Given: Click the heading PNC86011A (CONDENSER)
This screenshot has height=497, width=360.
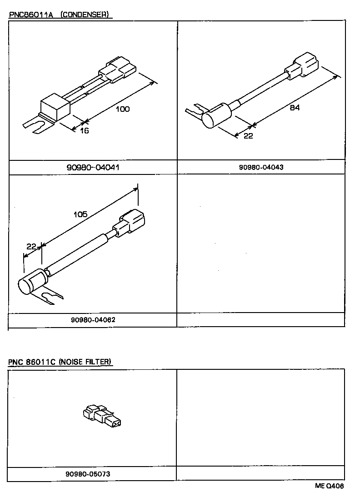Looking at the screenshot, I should [x=59, y=15].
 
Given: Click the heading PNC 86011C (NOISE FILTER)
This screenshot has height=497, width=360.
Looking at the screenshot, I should [x=60, y=362].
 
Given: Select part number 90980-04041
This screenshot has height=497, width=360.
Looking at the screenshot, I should [x=93, y=167].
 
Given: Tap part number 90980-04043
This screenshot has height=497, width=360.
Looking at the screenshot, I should [x=261, y=167].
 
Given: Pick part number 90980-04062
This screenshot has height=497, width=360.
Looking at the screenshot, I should [x=93, y=319].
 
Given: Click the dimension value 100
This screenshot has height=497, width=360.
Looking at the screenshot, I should [x=123, y=109].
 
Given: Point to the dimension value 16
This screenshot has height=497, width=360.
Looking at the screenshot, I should [x=85, y=131].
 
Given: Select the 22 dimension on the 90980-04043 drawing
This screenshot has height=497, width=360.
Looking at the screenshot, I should [x=248, y=136].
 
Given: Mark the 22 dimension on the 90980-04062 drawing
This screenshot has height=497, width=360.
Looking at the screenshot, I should [x=31, y=246].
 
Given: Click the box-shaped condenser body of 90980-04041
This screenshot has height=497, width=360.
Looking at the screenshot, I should [x=55, y=108].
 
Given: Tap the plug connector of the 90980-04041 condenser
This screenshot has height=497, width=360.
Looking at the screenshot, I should [x=118, y=70].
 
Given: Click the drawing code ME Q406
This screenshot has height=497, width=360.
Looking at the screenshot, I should [x=330, y=486].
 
